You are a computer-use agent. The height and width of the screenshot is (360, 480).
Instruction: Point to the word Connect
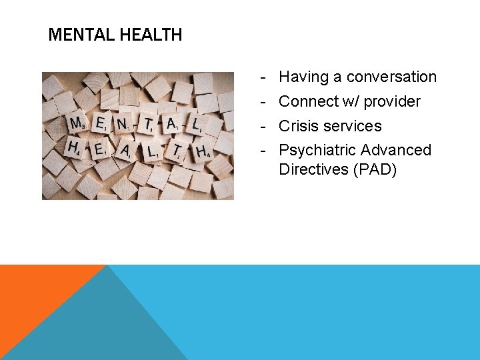pyautogui.click(x=307, y=102)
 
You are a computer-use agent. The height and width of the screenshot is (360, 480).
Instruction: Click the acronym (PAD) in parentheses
pyautogui.click(x=375, y=169)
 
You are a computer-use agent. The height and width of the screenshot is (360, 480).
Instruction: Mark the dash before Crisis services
pyautogui.click(x=264, y=126)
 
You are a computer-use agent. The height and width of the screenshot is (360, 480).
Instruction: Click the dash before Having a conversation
pyautogui.click(x=264, y=77)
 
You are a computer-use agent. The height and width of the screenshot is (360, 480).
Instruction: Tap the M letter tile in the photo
pyautogui.click(x=77, y=124)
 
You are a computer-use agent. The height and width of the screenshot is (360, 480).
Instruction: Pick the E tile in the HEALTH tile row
pyautogui.click(x=99, y=149)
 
